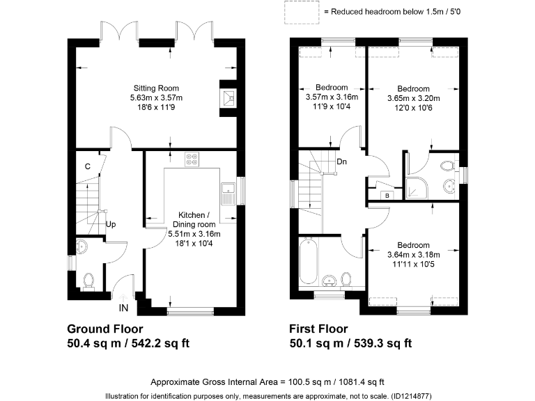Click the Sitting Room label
pos(156,98)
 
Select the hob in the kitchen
pos(192,160)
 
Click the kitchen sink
pos(227,192)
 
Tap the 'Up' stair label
pos(110,225)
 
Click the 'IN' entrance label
pos(123,307)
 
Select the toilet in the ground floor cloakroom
pos(88,280)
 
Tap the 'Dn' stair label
pos(341,162)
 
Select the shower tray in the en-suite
pos(418,180)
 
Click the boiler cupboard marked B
pos(387,196)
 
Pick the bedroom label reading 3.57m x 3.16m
pos(332,97)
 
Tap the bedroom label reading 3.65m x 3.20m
pos(413,98)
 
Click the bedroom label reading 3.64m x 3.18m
pos(413,255)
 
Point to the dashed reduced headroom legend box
pos(300,11)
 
